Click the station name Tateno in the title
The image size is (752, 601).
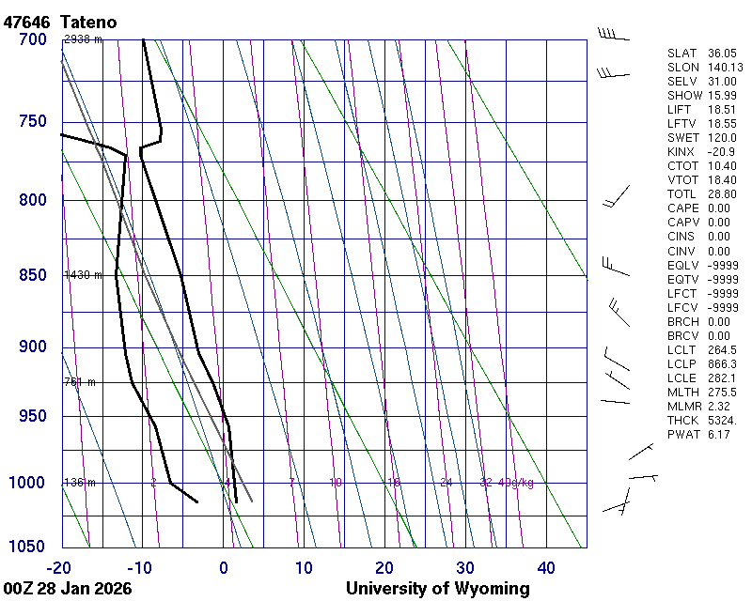pyautogui.click(x=91, y=21)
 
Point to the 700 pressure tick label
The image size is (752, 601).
pyautogui.click(x=32, y=39)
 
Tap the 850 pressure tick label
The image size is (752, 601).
pyautogui.click(x=32, y=275)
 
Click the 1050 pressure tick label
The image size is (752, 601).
pyautogui.click(x=27, y=547)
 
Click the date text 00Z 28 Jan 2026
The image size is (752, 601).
pyautogui.click(x=68, y=589)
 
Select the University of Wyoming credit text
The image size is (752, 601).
pyautogui.click(x=437, y=589)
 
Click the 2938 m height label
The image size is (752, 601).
pyautogui.click(x=82, y=39)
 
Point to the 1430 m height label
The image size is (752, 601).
pyautogui.click(x=82, y=275)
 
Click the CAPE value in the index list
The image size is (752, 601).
pyautogui.click(x=718, y=208)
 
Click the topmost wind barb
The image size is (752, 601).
pyautogui.click(x=613, y=35)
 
